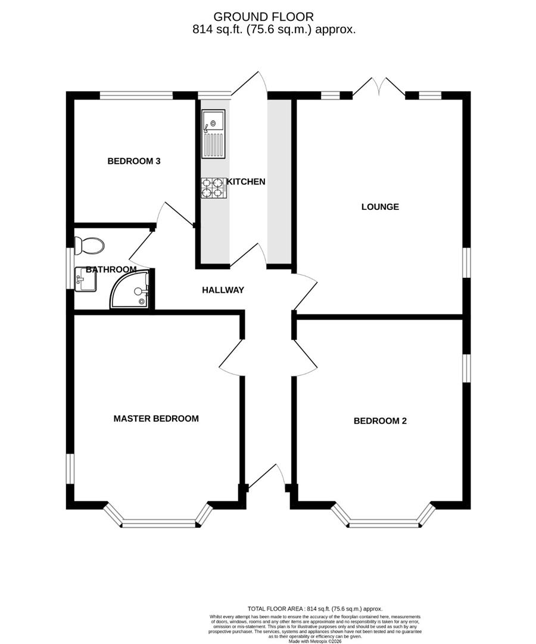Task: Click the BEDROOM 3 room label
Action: (134, 161)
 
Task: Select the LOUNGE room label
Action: (380, 207)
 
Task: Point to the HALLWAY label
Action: (223, 290)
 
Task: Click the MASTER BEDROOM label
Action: (156, 419)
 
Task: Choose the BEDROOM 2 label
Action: (380, 421)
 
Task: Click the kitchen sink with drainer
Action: (213, 134)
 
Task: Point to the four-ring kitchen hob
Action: (213, 187)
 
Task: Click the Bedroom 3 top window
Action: (136, 95)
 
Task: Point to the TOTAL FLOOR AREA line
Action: (315, 608)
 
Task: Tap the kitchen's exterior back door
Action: (250, 83)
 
